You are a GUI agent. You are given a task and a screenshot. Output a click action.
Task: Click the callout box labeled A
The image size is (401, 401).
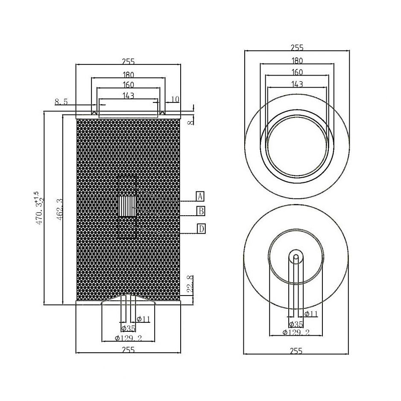[x=200, y=196]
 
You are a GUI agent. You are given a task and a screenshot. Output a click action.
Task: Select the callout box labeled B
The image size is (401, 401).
[x=200, y=211]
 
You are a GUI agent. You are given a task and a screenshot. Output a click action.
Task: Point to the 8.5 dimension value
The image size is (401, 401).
[x=61, y=102]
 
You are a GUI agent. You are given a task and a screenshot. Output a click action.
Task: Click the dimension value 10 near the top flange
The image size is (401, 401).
[x=175, y=100]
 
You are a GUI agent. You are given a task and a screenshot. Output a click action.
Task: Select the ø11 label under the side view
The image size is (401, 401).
[x=143, y=319]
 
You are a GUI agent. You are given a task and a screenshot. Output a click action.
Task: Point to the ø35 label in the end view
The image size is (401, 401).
[x=296, y=324]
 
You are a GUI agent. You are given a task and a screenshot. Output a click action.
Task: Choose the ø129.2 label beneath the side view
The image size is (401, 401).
[x=128, y=338]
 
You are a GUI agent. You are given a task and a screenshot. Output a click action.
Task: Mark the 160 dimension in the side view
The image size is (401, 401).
[x=128, y=85]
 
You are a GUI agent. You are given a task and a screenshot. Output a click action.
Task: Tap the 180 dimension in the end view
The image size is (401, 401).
[x=297, y=61]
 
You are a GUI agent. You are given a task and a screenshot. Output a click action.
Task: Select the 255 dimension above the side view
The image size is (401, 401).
[x=128, y=62]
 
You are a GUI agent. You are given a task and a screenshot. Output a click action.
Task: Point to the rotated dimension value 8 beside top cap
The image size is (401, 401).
[x=190, y=121]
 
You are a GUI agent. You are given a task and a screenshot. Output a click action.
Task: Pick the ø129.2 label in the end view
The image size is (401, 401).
[x=296, y=332]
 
